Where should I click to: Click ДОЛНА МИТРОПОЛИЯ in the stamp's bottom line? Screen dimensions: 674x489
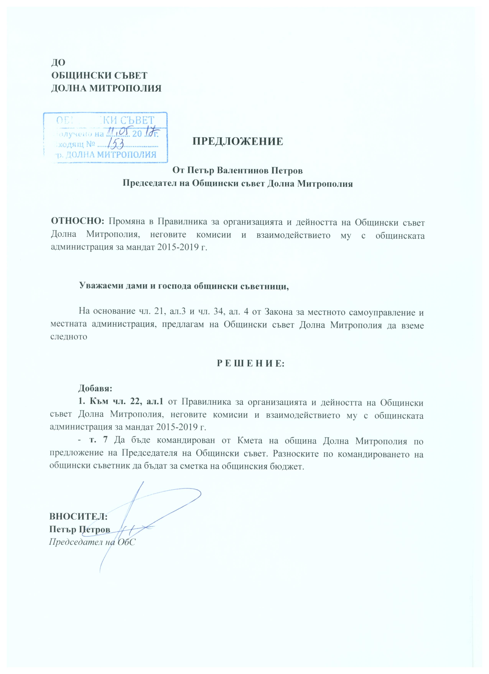coord(110,155)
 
